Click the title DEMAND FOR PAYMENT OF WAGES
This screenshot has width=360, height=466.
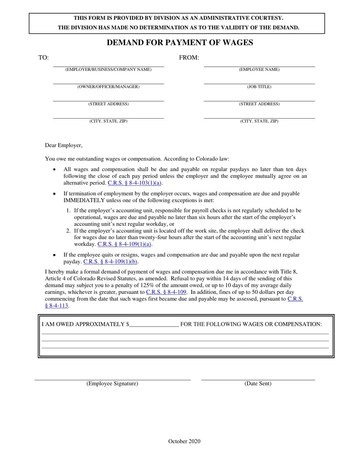tap(180, 42)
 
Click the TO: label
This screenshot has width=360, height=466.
tap(43, 58)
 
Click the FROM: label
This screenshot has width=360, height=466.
tap(189, 58)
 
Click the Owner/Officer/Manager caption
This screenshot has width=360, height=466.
tap(108, 87)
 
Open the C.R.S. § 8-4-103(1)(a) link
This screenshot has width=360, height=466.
tap(135, 183)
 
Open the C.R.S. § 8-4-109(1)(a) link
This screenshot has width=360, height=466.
tap(124, 244)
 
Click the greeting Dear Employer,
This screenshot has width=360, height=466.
tap(64, 145)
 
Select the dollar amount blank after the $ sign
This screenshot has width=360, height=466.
tap(153, 324)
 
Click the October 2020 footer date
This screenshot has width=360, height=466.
tap(184, 441)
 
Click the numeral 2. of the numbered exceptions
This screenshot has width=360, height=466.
tap(68, 231)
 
